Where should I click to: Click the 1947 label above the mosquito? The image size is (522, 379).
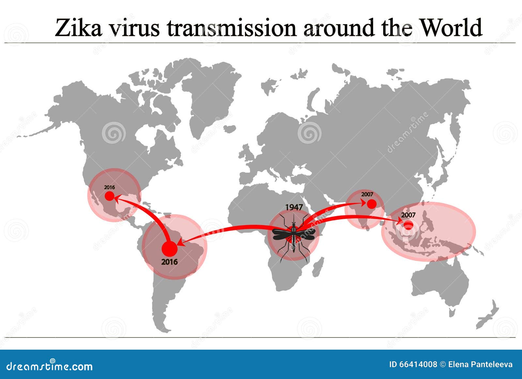(x=294, y=207)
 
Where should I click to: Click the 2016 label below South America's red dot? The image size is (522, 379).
(x=169, y=262)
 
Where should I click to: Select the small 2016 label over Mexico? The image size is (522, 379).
(x=109, y=187)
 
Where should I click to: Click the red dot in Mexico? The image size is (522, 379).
(x=109, y=196)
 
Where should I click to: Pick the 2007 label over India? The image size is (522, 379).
(x=367, y=194)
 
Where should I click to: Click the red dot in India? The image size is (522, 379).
(x=371, y=204)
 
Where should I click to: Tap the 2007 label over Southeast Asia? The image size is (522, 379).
(x=408, y=215)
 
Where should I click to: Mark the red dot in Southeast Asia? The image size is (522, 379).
(x=408, y=225)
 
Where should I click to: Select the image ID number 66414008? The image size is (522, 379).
(x=418, y=364)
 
